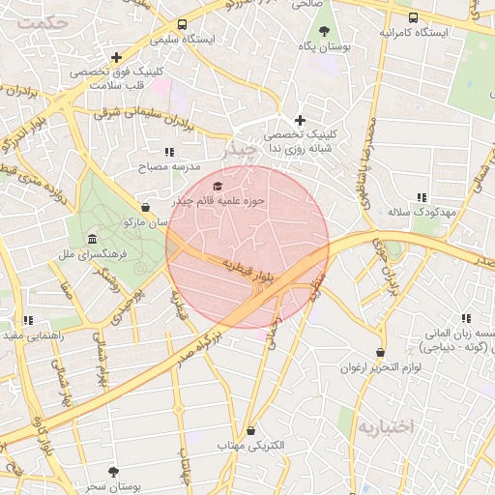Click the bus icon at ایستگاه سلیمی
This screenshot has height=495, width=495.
tap(183, 25)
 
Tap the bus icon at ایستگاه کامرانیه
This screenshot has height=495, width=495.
tap(414, 17)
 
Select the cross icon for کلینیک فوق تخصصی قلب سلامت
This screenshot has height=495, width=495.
tap(116, 57)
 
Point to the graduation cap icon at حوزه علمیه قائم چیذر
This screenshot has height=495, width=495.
tap(217, 186)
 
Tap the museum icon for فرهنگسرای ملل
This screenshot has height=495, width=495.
tap(92, 239)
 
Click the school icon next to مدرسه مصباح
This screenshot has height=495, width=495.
tap(170, 152)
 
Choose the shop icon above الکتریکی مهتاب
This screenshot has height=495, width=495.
tap(251, 431)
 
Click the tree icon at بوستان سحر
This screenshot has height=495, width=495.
tap(114, 472)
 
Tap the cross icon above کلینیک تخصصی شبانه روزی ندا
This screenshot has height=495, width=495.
tap(300, 120)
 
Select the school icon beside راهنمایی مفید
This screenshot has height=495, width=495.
tap(28, 319)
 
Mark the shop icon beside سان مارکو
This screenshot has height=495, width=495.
tap(145, 206)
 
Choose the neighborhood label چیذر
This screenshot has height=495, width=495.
tap(239, 151)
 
